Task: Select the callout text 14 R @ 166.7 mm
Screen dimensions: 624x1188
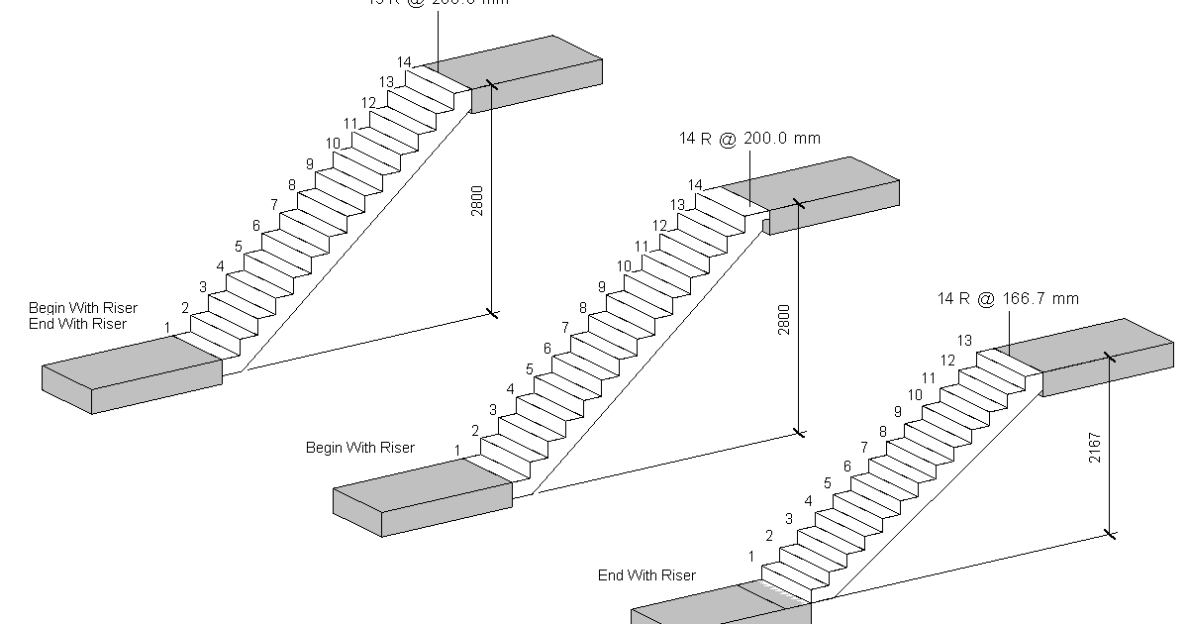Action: (x=1008, y=298)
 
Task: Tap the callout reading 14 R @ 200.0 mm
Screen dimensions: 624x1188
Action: (x=749, y=139)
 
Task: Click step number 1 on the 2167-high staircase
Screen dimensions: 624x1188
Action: (x=751, y=557)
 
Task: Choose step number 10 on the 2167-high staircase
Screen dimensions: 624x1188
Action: (x=915, y=395)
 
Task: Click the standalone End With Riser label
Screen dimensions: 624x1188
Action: (x=646, y=575)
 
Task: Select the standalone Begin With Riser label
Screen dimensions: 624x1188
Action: (x=359, y=448)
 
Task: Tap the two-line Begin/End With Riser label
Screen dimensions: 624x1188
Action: (x=83, y=316)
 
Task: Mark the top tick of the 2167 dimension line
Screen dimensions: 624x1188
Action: (x=1110, y=357)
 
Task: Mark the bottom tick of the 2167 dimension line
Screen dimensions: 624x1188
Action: (x=1110, y=535)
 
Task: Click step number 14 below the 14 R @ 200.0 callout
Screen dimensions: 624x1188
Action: (x=695, y=185)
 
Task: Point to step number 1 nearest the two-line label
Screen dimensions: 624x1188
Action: (x=167, y=327)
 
